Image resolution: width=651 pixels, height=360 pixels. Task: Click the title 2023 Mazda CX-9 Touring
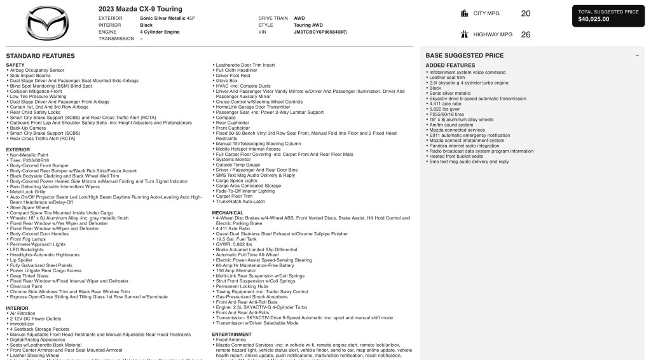[140, 9]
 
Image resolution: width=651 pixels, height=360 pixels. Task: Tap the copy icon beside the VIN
[345, 31]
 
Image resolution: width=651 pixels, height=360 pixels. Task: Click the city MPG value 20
[526, 13]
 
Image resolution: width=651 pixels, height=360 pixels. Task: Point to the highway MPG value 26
[526, 34]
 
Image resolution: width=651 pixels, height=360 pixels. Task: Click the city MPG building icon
[463, 13]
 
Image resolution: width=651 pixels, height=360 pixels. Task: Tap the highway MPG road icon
[463, 34]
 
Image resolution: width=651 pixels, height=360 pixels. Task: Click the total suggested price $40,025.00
[594, 19]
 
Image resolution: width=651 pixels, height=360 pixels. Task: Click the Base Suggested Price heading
[464, 55]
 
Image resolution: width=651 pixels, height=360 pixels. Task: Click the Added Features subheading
[450, 66]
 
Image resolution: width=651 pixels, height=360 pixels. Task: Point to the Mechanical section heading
[228, 212]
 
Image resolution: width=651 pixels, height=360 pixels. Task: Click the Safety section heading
[15, 65]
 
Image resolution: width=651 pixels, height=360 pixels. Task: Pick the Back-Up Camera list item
[25, 127]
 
